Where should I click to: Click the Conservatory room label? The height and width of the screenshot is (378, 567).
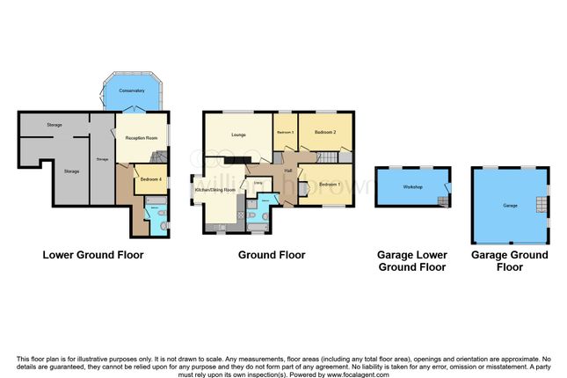(x=133, y=91)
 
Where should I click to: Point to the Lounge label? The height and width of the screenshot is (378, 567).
(x=237, y=134)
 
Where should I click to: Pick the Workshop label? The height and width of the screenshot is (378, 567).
(x=413, y=187)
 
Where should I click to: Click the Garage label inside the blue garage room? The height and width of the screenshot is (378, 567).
(x=509, y=205)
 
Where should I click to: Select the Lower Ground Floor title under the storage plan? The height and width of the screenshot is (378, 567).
(x=93, y=255)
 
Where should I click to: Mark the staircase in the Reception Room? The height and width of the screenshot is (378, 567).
(x=156, y=159)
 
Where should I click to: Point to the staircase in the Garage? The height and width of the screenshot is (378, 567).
(x=540, y=207)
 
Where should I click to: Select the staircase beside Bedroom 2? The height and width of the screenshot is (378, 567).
(x=328, y=156)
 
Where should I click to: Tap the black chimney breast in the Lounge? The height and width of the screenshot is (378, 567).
(x=235, y=160)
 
